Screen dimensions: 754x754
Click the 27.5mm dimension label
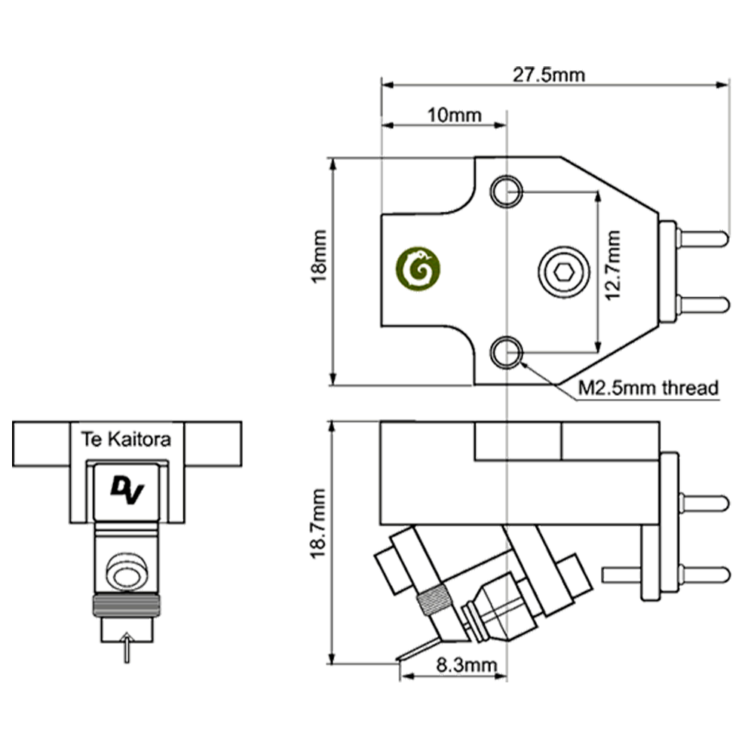pyautogui.click(x=548, y=75)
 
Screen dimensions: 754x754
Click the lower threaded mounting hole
pyautogui.click(x=505, y=351)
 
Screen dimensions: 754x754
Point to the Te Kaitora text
pyautogui.click(x=127, y=439)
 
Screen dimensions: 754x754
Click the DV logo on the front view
pyautogui.click(x=126, y=489)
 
